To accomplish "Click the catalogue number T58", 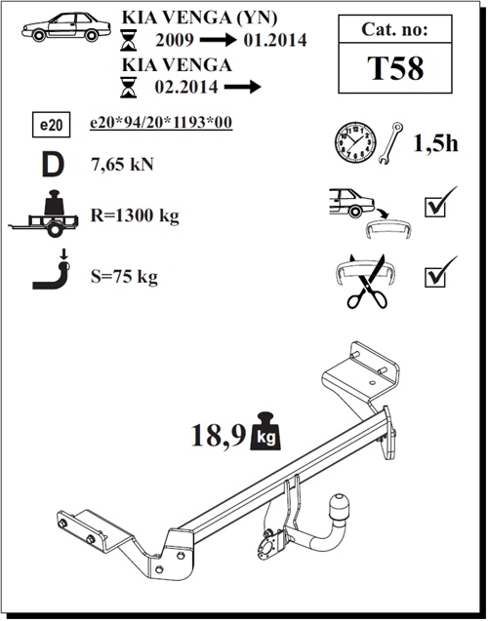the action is [x=395, y=68].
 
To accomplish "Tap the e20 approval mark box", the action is [x=51, y=125].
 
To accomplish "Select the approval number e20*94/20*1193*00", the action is [x=161, y=123].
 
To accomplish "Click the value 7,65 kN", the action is [x=122, y=164].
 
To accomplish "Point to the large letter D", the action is [x=53, y=165].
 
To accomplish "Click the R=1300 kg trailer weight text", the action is [x=135, y=215].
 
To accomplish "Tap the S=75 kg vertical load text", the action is [x=124, y=277].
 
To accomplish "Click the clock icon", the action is [x=355, y=142].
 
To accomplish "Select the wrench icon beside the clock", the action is [x=390, y=143].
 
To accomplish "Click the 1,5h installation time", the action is [x=435, y=143].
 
